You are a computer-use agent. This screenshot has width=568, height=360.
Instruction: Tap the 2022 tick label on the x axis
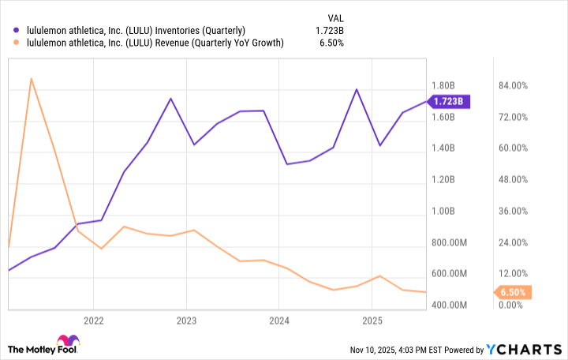coord(93,321)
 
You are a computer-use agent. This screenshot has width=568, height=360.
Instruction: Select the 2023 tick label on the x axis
coord(186,321)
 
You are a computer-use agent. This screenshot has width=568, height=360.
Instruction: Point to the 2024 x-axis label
coord(279,321)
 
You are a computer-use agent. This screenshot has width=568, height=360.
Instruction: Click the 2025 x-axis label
coord(372,321)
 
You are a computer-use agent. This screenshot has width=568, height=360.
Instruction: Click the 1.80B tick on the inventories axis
coord(442,86)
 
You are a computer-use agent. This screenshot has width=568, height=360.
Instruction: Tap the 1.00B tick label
coord(442,212)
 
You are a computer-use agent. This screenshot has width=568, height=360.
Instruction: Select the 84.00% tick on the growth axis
coord(512,86)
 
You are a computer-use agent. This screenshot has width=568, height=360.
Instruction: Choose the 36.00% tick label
coord(512,212)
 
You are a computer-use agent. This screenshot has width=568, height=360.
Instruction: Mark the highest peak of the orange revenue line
coord(31,79)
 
